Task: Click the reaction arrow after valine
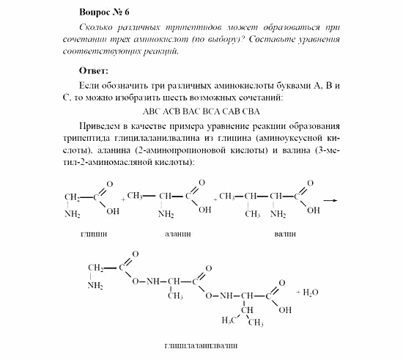330,199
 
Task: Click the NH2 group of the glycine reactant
72,214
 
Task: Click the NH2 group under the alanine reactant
166,214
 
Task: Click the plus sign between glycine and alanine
123,199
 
